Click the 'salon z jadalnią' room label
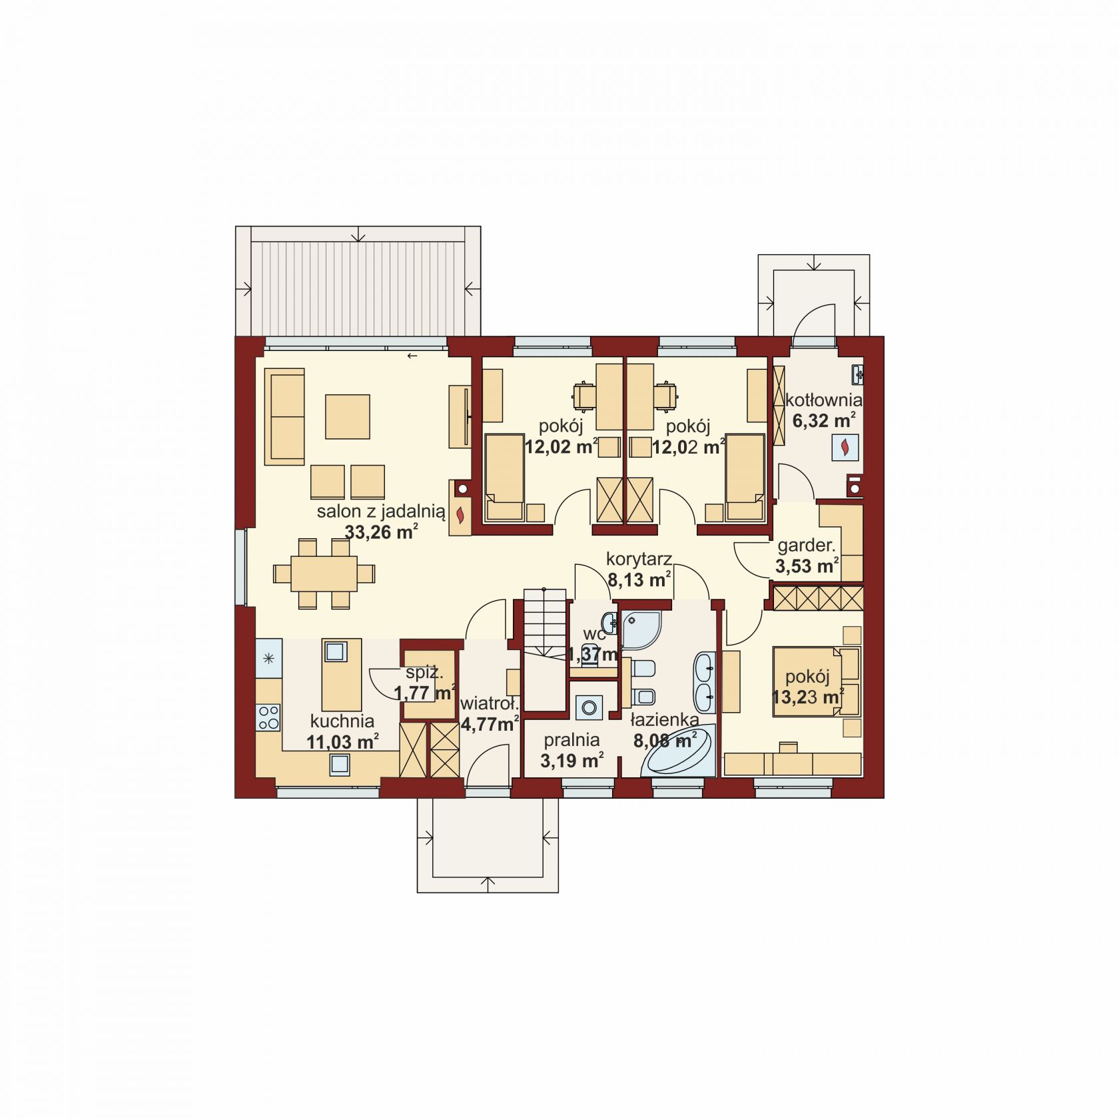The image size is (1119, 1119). tap(380, 512)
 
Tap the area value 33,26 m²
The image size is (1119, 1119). tap(381, 532)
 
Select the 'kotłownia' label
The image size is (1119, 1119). tap(824, 400)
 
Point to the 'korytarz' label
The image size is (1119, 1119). tap(639, 559)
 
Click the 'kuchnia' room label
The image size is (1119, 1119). tap(342, 721)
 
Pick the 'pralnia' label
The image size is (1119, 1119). tap(571, 740)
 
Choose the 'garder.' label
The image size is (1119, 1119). tap(807, 546)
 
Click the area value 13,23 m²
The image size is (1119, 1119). tap(808, 697)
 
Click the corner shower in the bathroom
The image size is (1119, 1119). tap(641, 629)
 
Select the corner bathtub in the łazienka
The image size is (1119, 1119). tap(678, 751)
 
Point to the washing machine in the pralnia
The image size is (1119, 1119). tap(589, 707)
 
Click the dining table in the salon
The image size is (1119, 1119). tap(324, 573)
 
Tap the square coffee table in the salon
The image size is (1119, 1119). tap(347, 416)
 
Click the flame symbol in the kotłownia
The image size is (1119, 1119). tap(845, 448)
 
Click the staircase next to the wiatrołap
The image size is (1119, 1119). tap(545, 649)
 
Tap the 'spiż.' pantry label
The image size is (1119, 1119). tap(424, 672)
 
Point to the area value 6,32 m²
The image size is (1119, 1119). tap(824, 420)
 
